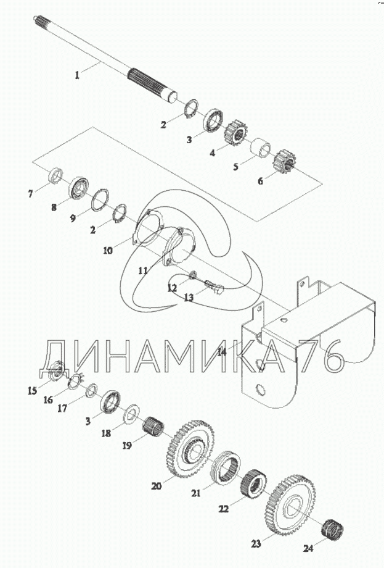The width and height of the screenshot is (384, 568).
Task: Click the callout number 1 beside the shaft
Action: (77, 75)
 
